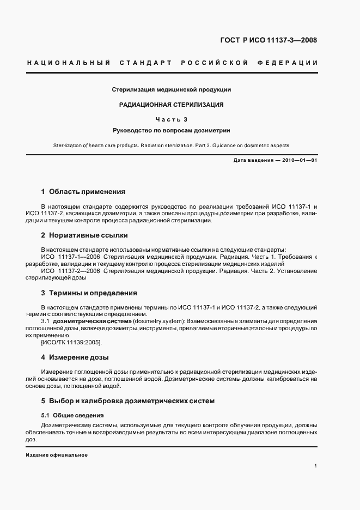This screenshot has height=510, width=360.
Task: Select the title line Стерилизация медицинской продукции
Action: pyautogui.click(x=172, y=89)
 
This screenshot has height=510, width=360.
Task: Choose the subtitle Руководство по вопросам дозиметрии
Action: pyautogui.click(x=172, y=131)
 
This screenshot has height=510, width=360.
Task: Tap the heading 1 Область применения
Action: pyautogui.click(x=83, y=192)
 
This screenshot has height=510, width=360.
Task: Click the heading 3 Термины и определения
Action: pyautogui.click(x=89, y=293)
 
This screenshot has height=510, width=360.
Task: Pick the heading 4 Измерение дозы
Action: pyautogui.click(x=75, y=357)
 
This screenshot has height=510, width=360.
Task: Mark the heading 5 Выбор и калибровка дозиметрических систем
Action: pyautogui.click(x=128, y=401)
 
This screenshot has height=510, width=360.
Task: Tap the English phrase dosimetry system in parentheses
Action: pyautogui.click(x=158, y=321)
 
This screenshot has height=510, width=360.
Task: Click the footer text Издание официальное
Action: pyautogui.click(x=57, y=455)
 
